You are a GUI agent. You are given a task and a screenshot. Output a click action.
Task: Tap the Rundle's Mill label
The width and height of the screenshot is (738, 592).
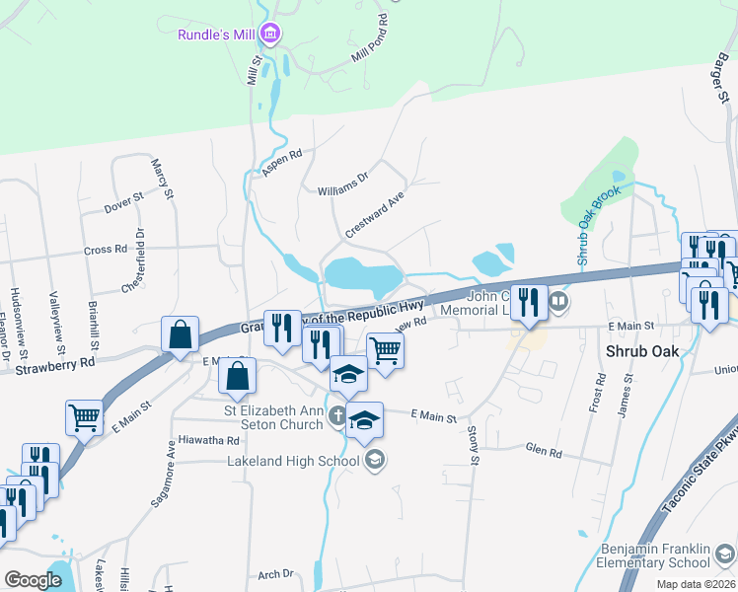coord(216,35)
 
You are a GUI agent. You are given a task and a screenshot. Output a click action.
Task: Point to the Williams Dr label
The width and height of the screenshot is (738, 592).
coord(342,184)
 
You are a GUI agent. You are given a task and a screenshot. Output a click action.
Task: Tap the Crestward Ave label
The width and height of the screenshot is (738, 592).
coord(375,214)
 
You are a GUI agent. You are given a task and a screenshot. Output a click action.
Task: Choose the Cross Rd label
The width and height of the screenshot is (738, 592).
coord(107,250)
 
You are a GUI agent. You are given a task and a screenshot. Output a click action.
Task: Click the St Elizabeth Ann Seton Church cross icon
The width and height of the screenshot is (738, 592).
coord(337,414)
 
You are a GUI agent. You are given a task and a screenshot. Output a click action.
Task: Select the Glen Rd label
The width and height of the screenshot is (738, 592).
coord(544,452)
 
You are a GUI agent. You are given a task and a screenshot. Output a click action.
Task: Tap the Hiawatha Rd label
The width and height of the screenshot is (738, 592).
coord(209,440)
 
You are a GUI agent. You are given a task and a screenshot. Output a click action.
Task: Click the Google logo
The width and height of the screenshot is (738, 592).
coord(34,580)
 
